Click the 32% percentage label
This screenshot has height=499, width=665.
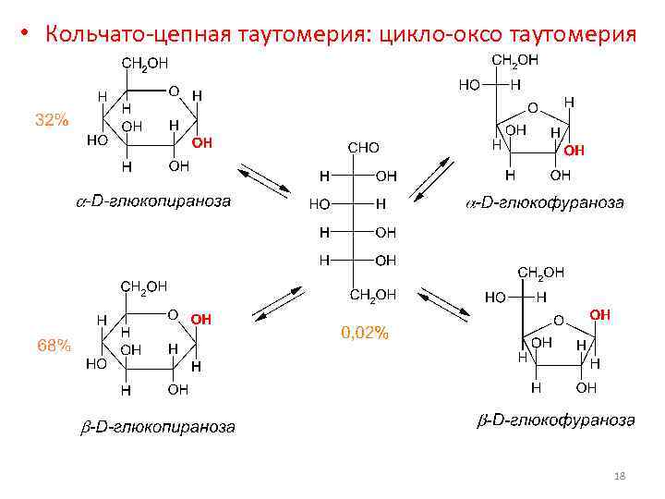pos(52,120)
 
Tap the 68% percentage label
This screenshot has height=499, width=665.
pos(54,346)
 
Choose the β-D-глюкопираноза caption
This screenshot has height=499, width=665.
pos(154,427)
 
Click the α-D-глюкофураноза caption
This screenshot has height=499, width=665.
pos(543,202)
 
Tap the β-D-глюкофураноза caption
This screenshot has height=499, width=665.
pos(555,420)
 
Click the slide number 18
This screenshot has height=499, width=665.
pos(620,475)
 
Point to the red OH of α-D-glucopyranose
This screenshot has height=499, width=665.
pos(202,144)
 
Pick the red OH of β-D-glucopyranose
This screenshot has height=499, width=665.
pos(201,319)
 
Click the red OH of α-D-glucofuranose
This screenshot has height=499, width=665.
pos(574,150)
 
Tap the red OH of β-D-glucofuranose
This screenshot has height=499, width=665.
pos(600,315)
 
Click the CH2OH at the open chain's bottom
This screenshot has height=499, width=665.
pos(373,295)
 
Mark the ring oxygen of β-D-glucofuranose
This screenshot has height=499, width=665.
pos(557,321)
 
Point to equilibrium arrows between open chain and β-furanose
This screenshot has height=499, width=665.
pos(441,305)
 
